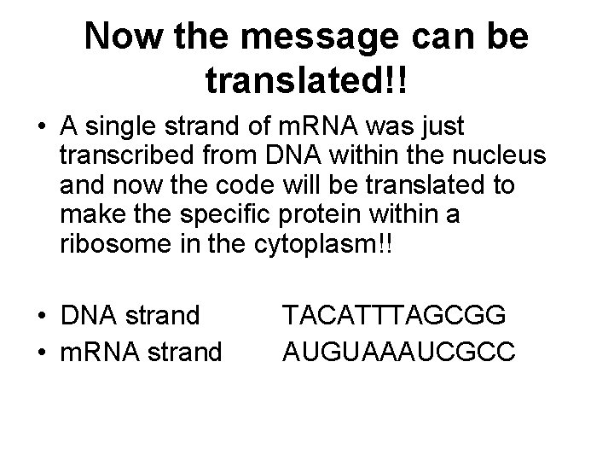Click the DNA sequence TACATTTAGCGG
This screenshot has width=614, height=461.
(x=395, y=317)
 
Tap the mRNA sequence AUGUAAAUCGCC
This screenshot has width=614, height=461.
(x=398, y=350)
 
